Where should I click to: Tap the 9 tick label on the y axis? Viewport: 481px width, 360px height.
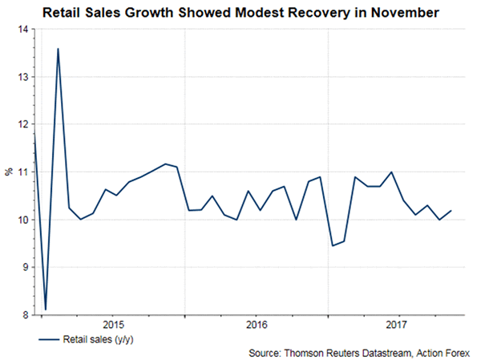(22, 268)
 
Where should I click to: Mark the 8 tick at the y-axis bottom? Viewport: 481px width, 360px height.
(22, 315)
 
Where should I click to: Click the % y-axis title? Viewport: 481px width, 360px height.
(11, 172)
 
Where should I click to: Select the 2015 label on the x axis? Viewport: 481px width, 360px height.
(112, 325)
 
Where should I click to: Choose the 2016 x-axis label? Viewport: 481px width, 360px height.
(256, 325)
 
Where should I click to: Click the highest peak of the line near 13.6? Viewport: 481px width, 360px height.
(59, 49)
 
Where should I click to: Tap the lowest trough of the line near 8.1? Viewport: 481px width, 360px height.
(46, 309)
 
